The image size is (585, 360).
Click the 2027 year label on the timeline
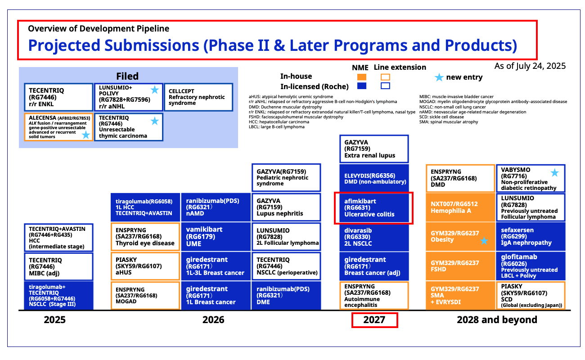(374, 320)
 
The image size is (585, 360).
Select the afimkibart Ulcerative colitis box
(374, 208)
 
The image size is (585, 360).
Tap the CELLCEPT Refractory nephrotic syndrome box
(198, 97)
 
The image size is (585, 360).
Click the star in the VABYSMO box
(554, 173)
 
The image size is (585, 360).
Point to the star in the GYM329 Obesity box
(484, 241)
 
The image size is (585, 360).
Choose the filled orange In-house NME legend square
(362, 77)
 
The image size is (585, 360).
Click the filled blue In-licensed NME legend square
(362, 86)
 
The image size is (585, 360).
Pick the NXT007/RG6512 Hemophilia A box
(460, 207)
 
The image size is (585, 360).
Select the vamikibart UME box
(216, 237)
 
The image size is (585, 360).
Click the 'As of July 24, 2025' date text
(530, 66)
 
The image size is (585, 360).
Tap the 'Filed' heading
(127, 76)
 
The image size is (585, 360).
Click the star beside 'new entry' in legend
(439, 77)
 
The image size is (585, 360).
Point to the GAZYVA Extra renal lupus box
(374, 149)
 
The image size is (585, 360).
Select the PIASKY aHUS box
(145, 266)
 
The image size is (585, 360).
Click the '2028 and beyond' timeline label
(497, 320)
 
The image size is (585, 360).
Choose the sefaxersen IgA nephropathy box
(531, 236)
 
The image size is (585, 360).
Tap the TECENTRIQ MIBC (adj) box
(58, 266)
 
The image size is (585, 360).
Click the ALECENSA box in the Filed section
(58, 127)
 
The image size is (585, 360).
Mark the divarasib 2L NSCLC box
(374, 237)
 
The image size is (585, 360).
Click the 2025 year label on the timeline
(54, 320)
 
